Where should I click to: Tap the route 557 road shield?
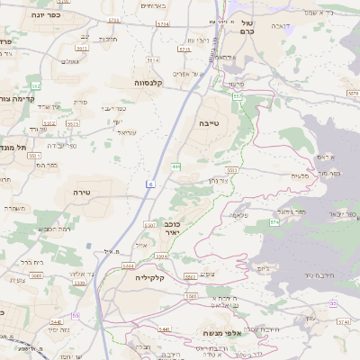238,94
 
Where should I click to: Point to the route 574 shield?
274,220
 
